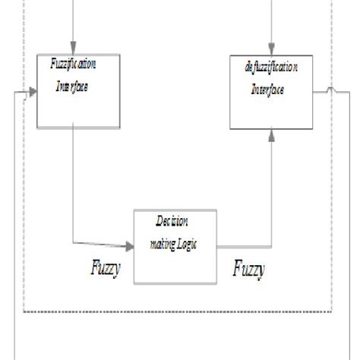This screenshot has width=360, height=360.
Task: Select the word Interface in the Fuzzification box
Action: click(72, 86)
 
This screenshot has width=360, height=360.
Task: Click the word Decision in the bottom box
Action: click(172, 221)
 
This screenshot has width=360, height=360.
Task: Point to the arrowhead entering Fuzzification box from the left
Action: click(33, 95)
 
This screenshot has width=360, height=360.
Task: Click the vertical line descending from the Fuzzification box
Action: click(72, 182)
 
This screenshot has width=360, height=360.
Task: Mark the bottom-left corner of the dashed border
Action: click(24, 311)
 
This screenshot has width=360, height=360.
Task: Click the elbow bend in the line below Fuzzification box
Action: click(72, 244)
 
